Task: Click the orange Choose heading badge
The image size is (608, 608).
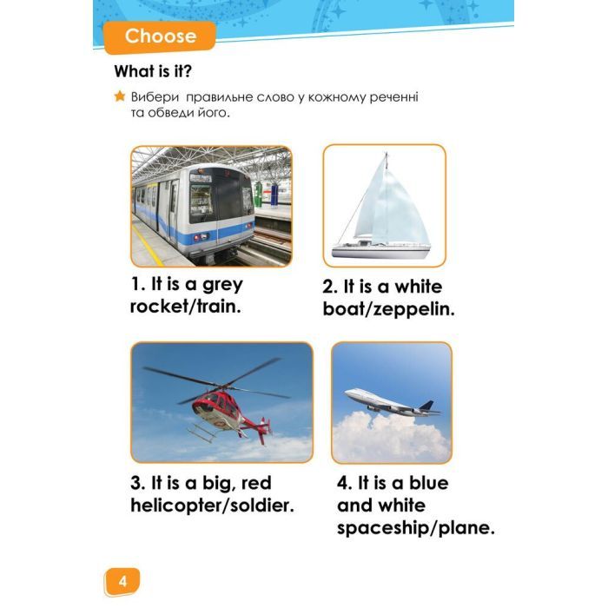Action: pos(160,36)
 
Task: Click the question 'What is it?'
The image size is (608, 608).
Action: pos(153,71)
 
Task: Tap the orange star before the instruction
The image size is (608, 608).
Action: pos(120,96)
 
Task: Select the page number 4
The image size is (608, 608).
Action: pos(122,582)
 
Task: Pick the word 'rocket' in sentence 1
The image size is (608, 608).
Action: pos(159,307)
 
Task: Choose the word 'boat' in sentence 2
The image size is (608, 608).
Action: pos(341,309)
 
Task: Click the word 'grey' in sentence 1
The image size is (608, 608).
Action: pos(222,286)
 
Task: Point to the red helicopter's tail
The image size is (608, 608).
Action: pos(257,427)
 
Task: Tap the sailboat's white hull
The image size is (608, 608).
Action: pos(381,252)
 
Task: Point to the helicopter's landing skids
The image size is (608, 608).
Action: pos(202,434)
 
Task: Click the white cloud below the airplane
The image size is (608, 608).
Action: pos(391,436)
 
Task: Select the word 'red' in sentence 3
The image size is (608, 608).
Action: pos(256,483)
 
